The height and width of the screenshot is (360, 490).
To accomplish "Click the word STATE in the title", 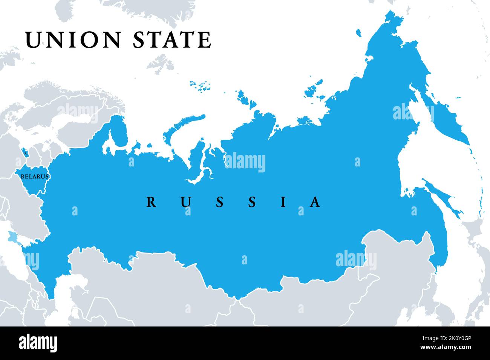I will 172,40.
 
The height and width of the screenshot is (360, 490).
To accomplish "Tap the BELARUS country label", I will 34,176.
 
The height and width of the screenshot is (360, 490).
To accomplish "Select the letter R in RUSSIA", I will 151,202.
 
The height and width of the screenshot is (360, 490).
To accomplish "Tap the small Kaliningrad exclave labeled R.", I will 25,153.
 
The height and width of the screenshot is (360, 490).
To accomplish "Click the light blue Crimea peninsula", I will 12,237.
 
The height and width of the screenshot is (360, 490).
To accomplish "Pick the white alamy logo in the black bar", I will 38,343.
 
